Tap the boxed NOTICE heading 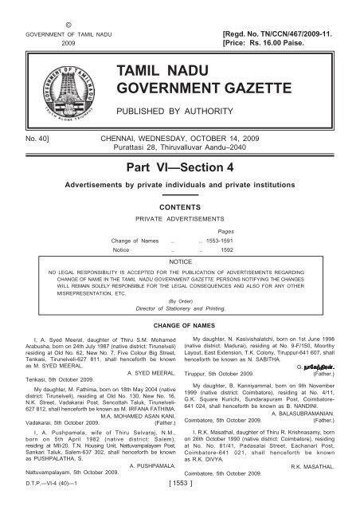pos(180,261)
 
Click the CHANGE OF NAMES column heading pos(179,327)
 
